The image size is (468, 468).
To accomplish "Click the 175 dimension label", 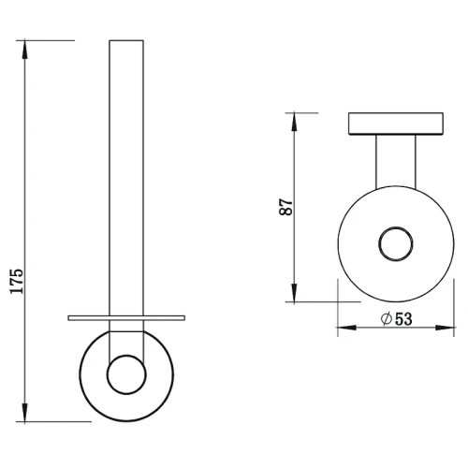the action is (17, 281).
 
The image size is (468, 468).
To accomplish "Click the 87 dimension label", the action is (286, 207).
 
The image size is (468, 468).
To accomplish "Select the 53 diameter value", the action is (403, 319).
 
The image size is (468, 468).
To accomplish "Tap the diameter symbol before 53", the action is (387, 319).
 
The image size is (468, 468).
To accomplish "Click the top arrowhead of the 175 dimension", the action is (24, 50).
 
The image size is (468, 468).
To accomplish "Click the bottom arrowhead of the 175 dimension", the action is (24, 412).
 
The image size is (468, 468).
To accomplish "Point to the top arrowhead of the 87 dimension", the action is (295, 122).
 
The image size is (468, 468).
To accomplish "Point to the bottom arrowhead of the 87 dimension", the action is (295, 293).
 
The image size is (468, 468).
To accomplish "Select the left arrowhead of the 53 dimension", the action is (347, 328).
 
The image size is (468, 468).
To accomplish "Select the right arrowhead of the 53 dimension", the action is (445, 328).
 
